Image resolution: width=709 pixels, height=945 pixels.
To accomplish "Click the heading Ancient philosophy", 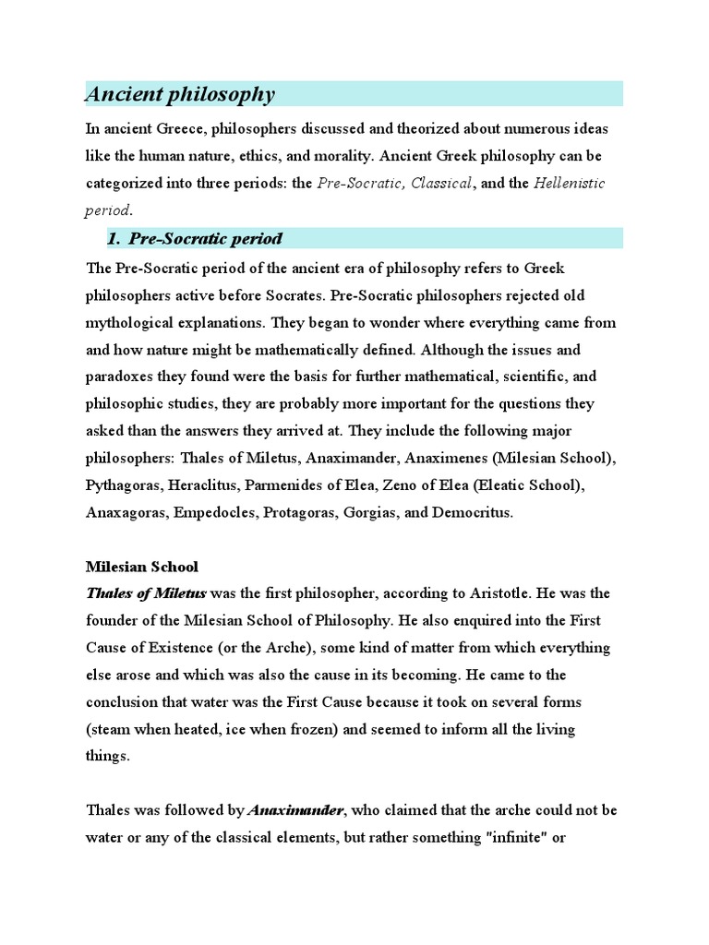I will pyautogui.click(x=180, y=94).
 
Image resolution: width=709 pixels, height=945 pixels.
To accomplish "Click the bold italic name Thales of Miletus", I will pyautogui.click(x=146, y=592).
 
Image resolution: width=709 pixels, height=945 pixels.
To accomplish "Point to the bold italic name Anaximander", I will pyautogui.click(x=295, y=811).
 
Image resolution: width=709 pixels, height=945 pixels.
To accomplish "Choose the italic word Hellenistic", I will pyautogui.click(x=570, y=183).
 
